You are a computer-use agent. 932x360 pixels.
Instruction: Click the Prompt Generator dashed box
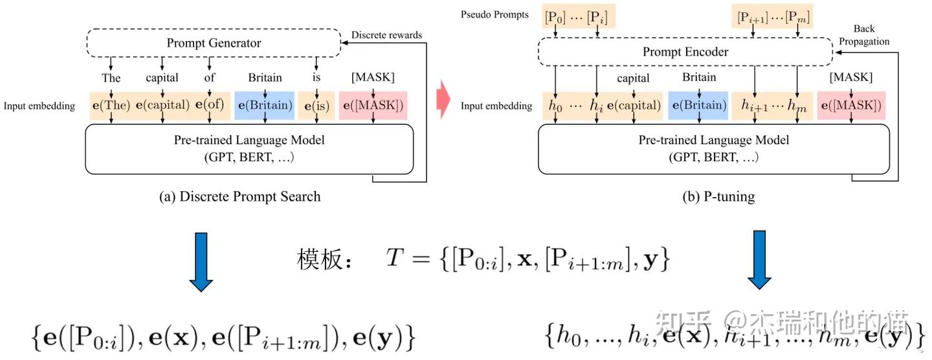tap(214, 43)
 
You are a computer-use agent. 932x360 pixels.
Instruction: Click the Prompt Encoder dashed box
tap(685, 52)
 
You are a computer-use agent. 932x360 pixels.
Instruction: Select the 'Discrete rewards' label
tap(386, 35)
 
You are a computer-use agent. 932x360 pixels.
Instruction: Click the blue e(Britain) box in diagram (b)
tap(699, 106)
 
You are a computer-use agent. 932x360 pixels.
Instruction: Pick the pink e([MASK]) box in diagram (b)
tap(850, 106)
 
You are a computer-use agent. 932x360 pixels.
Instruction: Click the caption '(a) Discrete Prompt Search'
tap(239, 196)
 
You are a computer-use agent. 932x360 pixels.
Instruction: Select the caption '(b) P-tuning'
tap(718, 196)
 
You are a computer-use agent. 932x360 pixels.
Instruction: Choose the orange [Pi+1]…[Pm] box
tap(770, 16)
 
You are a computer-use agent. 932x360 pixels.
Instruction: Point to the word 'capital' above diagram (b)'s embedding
tap(633, 78)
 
